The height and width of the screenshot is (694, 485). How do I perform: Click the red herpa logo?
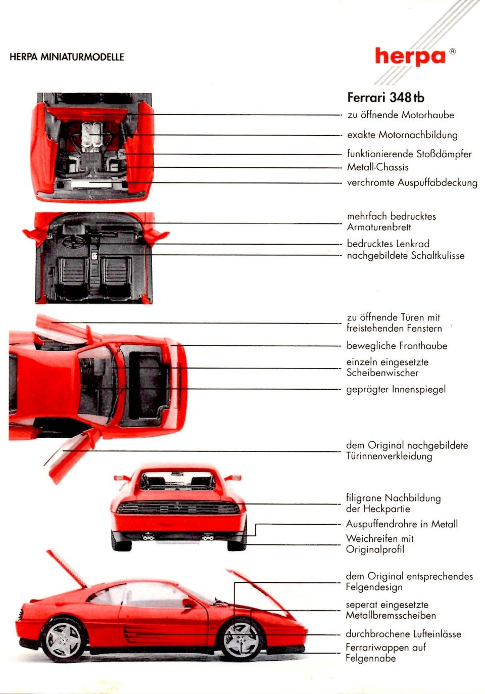click(410, 56)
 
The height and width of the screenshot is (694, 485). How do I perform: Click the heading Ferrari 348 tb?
click(385, 98)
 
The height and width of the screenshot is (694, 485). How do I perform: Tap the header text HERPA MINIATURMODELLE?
click(67, 57)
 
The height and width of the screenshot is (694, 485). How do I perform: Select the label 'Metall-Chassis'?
click(377, 167)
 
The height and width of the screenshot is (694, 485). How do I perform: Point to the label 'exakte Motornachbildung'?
click(402, 135)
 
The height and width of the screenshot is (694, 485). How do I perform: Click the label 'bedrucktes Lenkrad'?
click(388, 244)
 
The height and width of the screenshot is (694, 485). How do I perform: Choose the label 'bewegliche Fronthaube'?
click(397, 346)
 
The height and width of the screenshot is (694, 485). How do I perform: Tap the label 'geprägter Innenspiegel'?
click(396, 389)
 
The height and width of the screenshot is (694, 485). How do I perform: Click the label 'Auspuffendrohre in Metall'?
click(402, 524)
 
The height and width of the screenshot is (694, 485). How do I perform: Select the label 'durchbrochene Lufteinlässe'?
click(403, 634)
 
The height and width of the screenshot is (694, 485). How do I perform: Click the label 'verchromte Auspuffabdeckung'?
click(412, 182)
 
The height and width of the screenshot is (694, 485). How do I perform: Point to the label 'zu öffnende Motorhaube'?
click(401, 115)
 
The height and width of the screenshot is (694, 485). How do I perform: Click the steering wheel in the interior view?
click(73, 241)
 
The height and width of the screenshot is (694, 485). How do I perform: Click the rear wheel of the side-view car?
click(64, 640)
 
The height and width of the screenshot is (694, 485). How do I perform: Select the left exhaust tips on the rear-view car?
click(148, 537)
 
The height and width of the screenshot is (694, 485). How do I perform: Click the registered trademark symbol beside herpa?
click(453, 51)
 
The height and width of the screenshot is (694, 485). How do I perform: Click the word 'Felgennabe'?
click(370, 658)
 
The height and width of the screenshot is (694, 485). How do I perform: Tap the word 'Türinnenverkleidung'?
click(389, 456)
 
